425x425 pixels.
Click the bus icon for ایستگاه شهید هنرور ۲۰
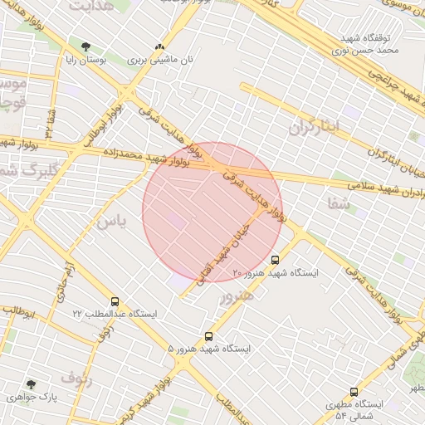pos(276,259)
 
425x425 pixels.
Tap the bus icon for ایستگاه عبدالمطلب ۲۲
pos(114,302)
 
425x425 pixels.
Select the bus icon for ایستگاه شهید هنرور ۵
pos(208,337)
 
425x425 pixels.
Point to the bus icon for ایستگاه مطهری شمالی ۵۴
pos(354,391)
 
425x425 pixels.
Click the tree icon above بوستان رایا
pos(86,46)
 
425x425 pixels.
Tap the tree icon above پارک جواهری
pos(32,384)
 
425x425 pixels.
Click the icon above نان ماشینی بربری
pos(159,47)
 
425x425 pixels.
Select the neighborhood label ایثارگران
pos(315,127)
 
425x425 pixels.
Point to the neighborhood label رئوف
pos(76,379)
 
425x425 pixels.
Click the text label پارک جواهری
pos(32,398)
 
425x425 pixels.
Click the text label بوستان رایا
pos(85,61)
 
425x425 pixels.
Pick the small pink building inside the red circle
pos(178,221)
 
